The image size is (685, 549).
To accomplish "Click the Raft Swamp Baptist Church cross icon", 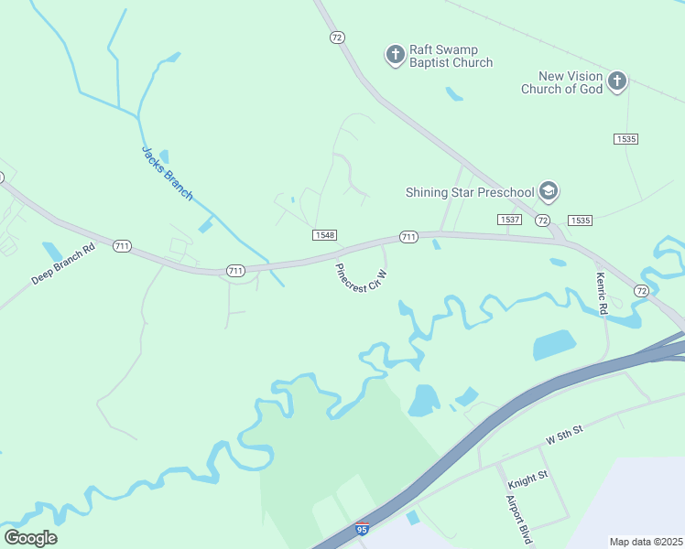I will [396, 55].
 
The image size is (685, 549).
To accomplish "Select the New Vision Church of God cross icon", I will [617, 81].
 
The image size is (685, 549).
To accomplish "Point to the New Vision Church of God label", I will [562, 82].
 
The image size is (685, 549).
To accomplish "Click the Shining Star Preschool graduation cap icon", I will [549, 191].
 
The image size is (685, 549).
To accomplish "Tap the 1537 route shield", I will [509, 220].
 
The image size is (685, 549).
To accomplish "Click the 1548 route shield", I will [324, 235].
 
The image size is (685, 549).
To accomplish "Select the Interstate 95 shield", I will [363, 531].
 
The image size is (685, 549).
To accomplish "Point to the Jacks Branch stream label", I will [168, 173].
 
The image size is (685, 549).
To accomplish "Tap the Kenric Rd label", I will [602, 295].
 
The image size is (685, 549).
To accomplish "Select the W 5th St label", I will [564, 435].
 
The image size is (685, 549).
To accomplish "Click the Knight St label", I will [527, 475].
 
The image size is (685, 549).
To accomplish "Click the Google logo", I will [30, 537].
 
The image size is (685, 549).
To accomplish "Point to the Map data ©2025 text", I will [647, 542].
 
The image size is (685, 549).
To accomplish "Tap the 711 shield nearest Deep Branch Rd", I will [122, 246].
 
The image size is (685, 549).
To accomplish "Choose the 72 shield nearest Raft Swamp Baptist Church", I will [338, 37].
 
